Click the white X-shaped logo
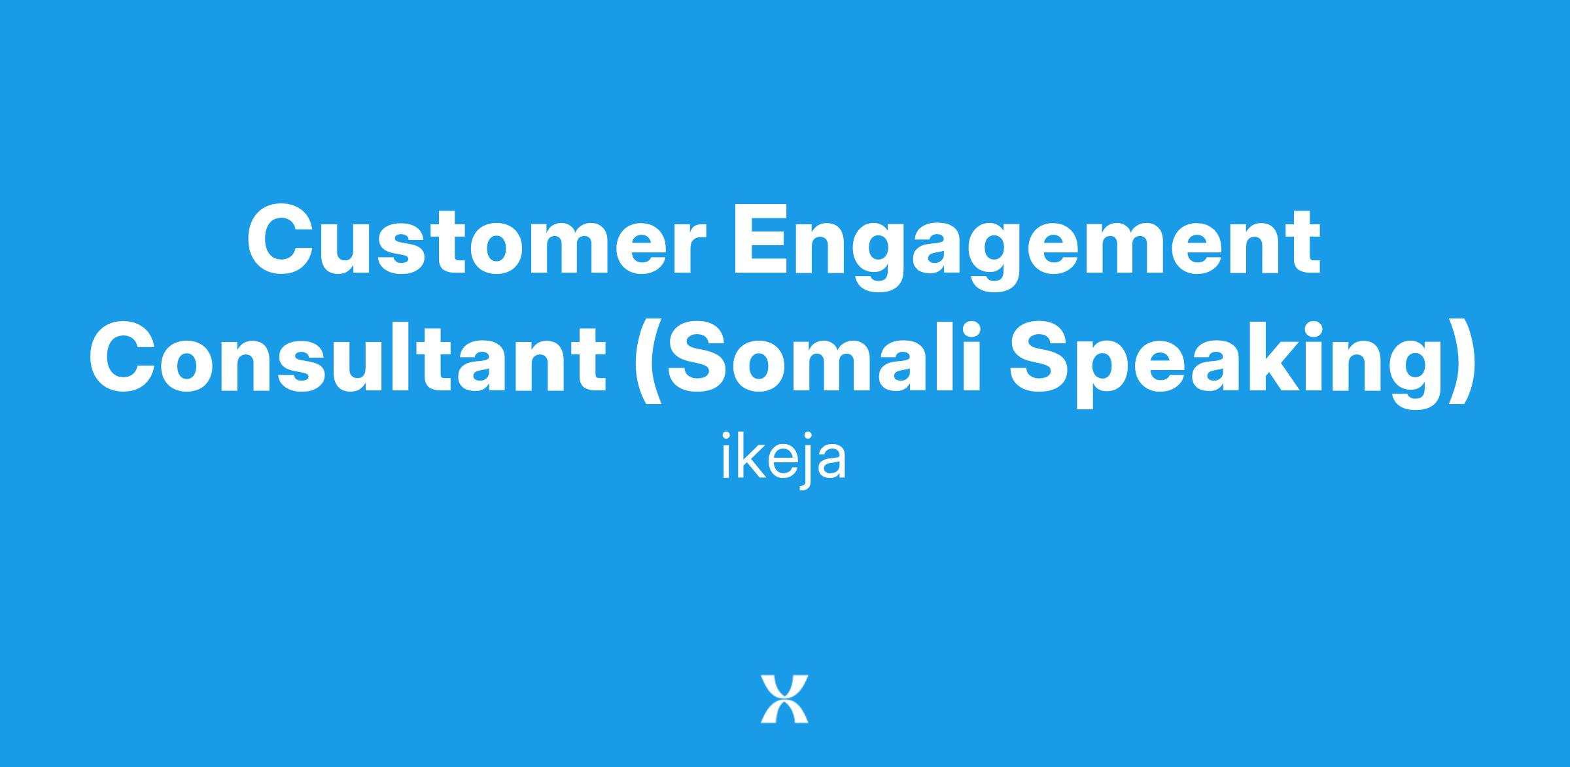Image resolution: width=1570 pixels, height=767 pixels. (784, 699)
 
